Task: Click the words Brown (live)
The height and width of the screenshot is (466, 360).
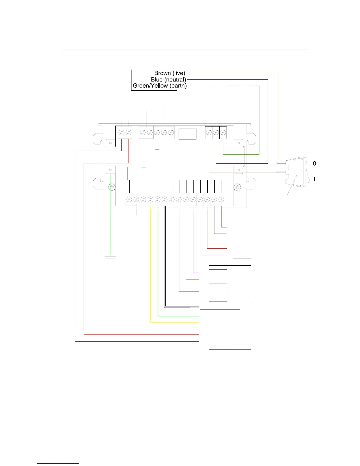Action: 170,73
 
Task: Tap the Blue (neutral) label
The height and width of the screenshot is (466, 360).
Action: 168,79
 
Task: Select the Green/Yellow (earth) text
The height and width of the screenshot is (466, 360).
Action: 160,86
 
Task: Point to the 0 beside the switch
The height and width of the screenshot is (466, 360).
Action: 314,164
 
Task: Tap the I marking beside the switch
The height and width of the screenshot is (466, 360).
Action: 314,179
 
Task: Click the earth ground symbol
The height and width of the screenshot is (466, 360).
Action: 111,259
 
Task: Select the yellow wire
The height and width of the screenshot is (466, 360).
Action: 151,265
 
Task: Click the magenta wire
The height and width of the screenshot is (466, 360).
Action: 193,238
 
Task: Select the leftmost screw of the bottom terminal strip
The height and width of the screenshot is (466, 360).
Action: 129,199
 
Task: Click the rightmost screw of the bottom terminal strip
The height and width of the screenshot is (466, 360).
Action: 221,199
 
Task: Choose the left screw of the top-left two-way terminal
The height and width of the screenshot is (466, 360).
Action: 121,133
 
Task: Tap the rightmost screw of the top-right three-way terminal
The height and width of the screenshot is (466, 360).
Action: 223,133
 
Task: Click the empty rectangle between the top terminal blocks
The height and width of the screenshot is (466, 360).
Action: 187,134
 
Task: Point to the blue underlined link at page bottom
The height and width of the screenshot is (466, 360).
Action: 58,463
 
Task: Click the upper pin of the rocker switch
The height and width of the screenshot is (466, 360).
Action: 281,162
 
